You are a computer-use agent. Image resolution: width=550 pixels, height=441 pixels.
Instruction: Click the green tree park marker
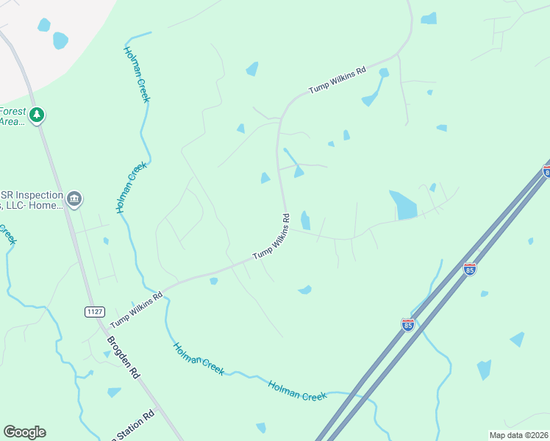click(x=37, y=115)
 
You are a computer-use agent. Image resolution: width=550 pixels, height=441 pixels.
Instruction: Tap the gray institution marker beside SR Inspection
click(x=74, y=199)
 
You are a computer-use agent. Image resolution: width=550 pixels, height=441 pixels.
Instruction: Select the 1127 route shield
click(x=94, y=312)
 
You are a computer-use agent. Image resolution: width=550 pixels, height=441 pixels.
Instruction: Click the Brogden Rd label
click(x=123, y=357)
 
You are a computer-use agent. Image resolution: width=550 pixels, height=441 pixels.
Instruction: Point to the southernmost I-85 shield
click(x=408, y=324)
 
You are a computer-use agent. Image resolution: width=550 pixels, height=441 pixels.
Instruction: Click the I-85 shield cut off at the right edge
click(x=546, y=171)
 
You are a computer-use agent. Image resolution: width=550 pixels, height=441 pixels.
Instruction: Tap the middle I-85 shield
click(x=470, y=269)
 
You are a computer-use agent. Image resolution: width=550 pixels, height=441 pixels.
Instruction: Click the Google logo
click(x=24, y=432)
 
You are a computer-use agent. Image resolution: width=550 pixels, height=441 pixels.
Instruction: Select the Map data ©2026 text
click(x=518, y=435)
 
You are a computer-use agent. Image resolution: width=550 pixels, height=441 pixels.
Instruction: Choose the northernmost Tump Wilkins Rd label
click(x=337, y=80)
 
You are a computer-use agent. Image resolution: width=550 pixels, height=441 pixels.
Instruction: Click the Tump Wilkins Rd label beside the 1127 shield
click(x=137, y=312)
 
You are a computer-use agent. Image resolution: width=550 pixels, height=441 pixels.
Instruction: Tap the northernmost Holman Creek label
click(x=137, y=76)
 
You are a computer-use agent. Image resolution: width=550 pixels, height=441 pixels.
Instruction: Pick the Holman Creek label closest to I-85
click(x=297, y=390)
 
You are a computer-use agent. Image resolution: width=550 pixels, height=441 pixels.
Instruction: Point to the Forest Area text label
click(x=12, y=117)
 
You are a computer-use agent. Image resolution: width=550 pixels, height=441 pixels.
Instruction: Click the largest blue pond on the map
click(x=403, y=205)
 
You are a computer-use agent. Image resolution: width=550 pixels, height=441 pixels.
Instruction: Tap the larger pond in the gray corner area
click(x=60, y=40)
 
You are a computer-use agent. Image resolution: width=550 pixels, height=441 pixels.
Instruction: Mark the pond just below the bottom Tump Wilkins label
click(x=213, y=281)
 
